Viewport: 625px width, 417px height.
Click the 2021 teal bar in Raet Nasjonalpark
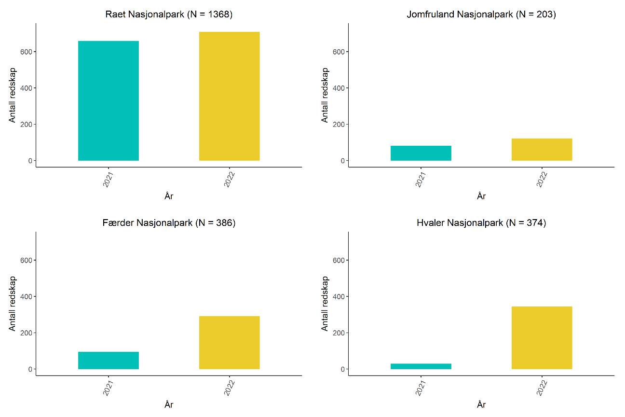[x=109, y=100]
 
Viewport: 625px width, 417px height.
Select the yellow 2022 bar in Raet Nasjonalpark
[x=229, y=96]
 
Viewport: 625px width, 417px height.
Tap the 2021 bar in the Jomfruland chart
[x=421, y=153]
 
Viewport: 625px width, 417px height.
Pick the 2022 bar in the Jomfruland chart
[x=542, y=150]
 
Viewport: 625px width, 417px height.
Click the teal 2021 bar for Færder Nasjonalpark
[x=109, y=361]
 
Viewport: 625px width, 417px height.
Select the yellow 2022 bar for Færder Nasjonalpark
[x=229, y=343]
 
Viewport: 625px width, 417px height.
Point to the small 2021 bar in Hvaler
[x=421, y=366]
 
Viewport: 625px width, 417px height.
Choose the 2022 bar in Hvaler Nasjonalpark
[x=542, y=338]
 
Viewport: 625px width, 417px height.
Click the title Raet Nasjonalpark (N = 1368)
[x=169, y=14]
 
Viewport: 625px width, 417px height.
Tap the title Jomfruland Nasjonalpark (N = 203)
[x=481, y=14]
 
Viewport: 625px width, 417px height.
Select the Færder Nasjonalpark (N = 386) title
[x=169, y=223]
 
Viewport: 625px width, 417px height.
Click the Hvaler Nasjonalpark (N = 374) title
[x=481, y=223]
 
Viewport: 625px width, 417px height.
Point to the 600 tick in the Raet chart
[x=26, y=52]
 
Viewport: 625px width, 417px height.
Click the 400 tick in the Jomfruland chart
[x=339, y=88]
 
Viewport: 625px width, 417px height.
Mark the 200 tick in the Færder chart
[x=26, y=333]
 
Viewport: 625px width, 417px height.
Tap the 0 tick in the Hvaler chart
[x=343, y=369]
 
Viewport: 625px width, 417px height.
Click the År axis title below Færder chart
[x=169, y=404]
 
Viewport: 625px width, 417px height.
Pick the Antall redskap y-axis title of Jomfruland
[x=325, y=95]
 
